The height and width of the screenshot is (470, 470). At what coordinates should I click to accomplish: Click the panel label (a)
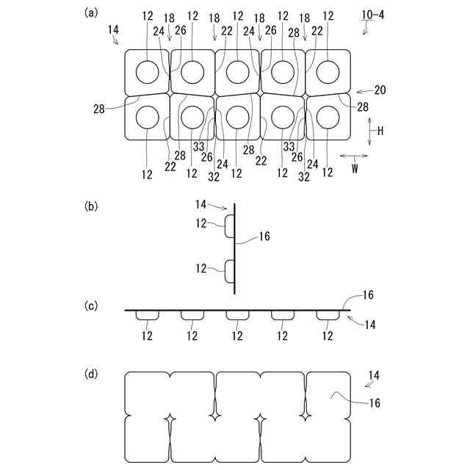(91, 12)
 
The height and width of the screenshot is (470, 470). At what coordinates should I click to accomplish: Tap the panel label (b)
(91, 206)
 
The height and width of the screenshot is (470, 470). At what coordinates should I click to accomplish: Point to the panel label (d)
(91, 375)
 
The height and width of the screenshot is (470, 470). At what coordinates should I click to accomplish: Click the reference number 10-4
(372, 13)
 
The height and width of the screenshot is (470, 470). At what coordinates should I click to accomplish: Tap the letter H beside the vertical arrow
(380, 131)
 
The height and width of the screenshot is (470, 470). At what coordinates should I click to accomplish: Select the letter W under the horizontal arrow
(355, 167)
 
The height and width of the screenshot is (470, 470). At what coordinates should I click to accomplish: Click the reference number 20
(380, 90)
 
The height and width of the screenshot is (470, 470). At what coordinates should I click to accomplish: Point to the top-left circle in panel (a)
(148, 72)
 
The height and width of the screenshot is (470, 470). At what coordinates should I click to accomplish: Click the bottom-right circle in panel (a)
(327, 117)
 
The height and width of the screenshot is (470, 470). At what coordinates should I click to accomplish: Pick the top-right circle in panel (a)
(327, 72)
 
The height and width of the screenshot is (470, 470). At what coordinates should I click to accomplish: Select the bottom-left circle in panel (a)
(148, 117)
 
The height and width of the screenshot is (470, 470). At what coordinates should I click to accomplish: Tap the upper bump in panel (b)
(229, 226)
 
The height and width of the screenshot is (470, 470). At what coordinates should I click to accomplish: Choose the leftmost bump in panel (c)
(148, 314)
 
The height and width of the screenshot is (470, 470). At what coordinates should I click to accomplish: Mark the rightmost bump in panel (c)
(328, 314)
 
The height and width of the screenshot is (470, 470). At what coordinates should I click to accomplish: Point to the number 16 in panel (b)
(264, 236)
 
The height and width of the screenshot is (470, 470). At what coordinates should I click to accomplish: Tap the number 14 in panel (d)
(374, 375)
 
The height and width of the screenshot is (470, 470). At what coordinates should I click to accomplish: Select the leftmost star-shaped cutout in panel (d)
(170, 419)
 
